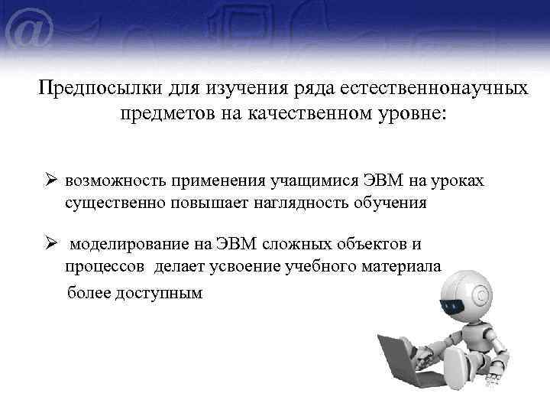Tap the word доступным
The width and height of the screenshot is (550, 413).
[x=163, y=293]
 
